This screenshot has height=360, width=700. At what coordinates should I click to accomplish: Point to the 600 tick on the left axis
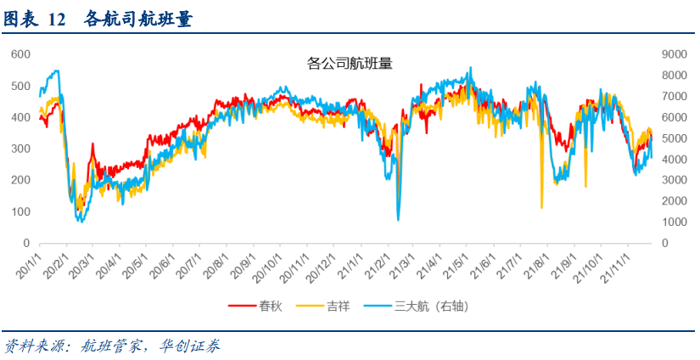tap(20, 54)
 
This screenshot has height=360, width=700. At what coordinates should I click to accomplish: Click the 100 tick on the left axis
tap(20, 211)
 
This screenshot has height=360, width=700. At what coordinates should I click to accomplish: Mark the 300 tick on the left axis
tap(20, 149)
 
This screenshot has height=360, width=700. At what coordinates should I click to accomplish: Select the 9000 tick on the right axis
tap(664, 54)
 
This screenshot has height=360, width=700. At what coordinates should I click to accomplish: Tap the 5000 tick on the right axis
tap(664, 138)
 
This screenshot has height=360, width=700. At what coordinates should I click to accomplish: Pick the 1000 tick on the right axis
tap(664, 222)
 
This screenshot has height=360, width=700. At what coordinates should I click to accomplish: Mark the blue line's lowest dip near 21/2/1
tap(398, 220)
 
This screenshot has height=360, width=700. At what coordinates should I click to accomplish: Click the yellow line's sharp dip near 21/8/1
tap(541, 206)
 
